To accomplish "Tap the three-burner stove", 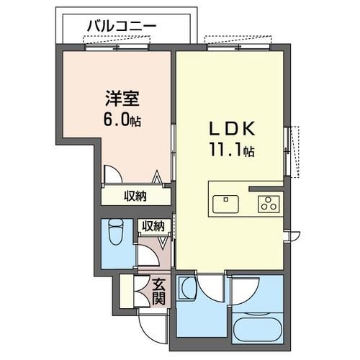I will click(x=269, y=204).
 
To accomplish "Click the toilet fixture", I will click(x=116, y=233).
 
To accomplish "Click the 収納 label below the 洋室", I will click(x=134, y=195).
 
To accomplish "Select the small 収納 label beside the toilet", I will click(x=153, y=226).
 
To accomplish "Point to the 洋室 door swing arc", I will click(x=114, y=175).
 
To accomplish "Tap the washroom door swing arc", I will click(x=210, y=288).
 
